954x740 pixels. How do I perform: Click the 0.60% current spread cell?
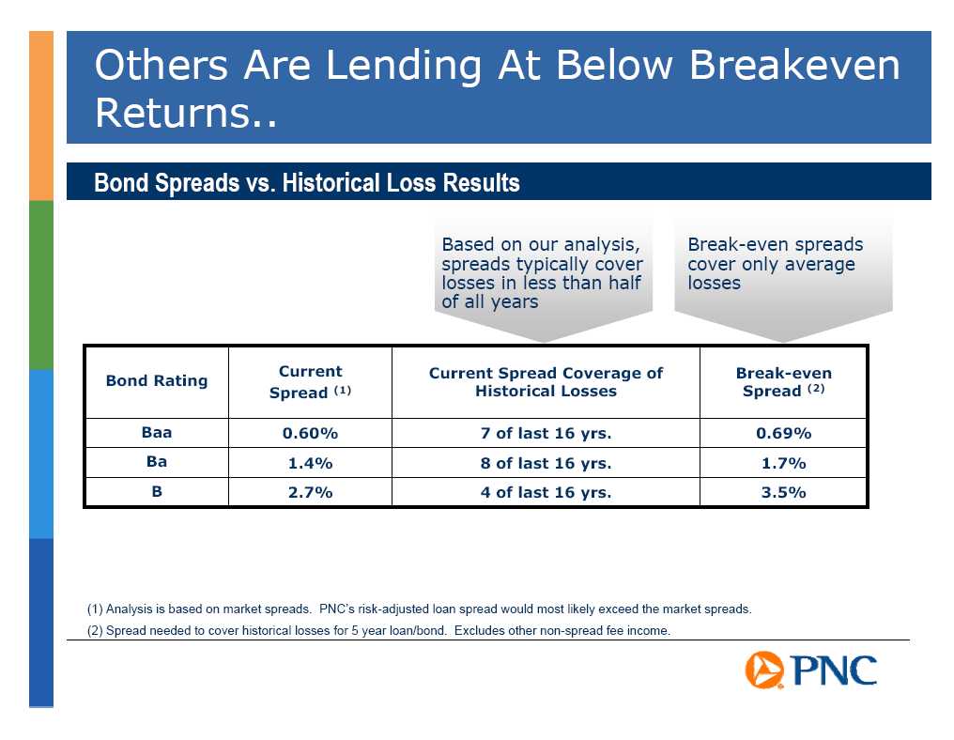(x=310, y=433)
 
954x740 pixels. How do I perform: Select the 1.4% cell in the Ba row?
(x=310, y=463)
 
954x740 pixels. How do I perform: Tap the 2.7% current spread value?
(x=310, y=492)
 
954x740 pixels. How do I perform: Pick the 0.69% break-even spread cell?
(x=783, y=433)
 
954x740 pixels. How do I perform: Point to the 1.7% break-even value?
(x=783, y=463)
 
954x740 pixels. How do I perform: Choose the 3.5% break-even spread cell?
(x=783, y=492)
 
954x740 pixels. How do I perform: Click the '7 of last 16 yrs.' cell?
(x=546, y=433)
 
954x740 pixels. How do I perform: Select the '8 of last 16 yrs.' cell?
(x=546, y=463)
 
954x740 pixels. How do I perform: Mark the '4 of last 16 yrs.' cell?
(x=546, y=492)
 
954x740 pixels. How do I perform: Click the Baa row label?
(x=157, y=433)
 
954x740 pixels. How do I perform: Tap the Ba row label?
(x=157, y=462)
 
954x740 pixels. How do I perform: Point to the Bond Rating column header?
(x=157, y=381)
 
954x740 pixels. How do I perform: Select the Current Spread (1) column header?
(x=310, y=381)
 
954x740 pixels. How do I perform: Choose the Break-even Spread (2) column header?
(x=784, y=381)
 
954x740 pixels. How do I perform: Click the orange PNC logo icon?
(x=764, y=670)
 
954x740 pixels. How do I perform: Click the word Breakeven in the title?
(x=794, y=65)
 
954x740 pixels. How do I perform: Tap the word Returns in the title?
(x=173, y=113)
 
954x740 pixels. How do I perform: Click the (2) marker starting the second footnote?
(x=95, y=630)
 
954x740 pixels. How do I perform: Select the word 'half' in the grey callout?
(x=623, y=283)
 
